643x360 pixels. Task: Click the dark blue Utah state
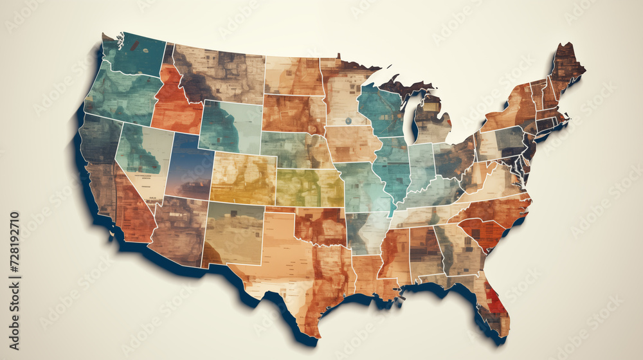pos(190,167)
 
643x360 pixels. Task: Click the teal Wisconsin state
pos(381,109)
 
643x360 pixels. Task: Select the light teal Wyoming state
pos(230,126)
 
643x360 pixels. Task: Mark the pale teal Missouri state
pos(363,186)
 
